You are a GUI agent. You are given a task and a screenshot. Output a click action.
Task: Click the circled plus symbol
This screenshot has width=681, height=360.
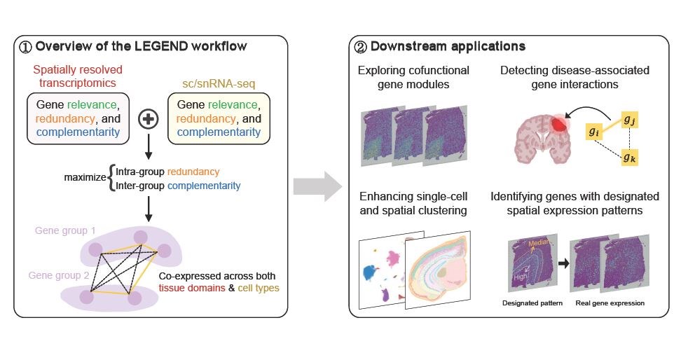148,119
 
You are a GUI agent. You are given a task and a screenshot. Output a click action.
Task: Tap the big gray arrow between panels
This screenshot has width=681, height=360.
317,186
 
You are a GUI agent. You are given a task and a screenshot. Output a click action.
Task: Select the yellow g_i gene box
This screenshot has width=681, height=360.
593,132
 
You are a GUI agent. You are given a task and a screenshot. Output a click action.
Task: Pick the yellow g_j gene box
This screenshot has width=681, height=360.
629,120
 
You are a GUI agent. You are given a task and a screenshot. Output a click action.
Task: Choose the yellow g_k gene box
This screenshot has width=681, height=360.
629,157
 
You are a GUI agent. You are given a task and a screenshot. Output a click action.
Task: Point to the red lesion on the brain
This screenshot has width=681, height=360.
560,124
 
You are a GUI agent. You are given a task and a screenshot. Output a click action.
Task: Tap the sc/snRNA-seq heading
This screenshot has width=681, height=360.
219,83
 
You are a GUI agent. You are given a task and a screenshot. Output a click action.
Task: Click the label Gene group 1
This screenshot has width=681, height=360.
65,230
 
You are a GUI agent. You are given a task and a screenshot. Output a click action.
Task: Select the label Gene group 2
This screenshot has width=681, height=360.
59,275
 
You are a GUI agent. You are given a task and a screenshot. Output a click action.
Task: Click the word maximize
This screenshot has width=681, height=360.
85,177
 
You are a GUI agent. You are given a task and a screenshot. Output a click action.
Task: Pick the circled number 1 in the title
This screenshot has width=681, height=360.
25,47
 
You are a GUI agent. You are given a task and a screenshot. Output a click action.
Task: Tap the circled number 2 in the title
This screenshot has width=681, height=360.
361,47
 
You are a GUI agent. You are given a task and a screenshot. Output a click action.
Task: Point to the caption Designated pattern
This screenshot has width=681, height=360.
532,303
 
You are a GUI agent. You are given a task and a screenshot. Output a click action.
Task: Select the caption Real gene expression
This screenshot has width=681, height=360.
610,303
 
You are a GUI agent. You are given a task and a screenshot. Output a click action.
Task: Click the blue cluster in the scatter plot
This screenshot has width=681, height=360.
370,272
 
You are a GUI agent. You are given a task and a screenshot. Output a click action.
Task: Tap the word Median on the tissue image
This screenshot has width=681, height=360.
538,243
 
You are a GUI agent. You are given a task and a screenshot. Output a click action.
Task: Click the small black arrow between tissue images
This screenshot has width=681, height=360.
563,263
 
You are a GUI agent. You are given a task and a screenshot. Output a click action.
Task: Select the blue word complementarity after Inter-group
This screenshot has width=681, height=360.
204,186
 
